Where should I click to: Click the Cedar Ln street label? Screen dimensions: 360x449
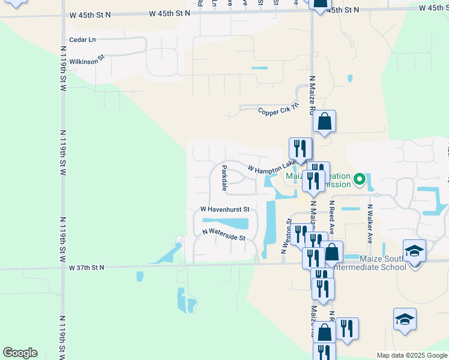click(82, 40)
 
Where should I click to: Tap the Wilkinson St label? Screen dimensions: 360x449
click(87, 59)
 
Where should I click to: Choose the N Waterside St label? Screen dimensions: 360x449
click(224, 235)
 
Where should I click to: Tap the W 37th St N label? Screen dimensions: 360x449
click(86, 267)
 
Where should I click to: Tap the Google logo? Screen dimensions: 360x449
click(20, 353)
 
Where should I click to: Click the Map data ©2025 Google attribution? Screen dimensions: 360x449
click(412, 355)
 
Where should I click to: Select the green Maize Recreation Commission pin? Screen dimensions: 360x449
click(359, 179)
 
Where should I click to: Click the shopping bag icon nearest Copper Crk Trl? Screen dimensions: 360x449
click(324, 121)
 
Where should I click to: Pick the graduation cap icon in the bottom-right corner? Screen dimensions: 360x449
click(405, 319)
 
